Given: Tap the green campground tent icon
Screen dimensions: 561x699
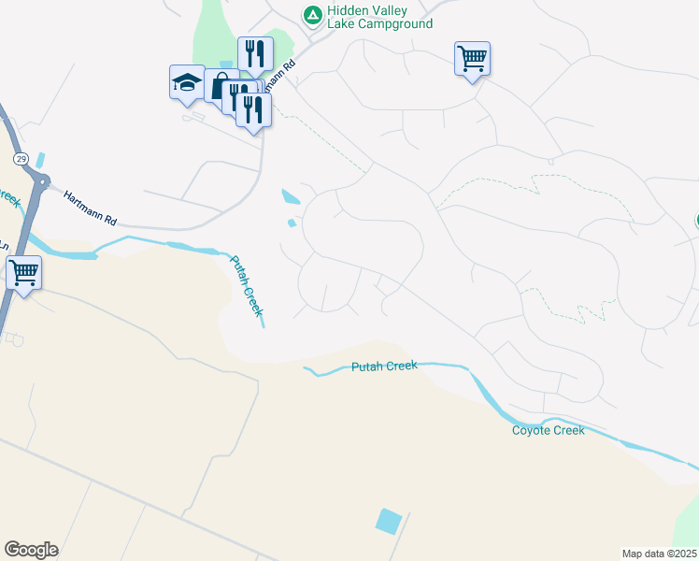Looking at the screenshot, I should coord(312,15).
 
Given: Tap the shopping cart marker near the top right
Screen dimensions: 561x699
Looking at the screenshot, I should coord(472,58).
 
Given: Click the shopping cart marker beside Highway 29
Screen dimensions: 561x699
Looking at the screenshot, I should coord(23,274).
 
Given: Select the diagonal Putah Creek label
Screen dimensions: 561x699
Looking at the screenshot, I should coord(248,286).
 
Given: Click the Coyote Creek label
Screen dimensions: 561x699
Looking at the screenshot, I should coord(548,430).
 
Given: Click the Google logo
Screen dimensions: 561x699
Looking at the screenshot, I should coord(31,550).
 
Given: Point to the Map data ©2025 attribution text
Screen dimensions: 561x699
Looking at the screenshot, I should coord(660,554).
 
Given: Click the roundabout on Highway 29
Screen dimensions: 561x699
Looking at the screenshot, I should coord(40,180).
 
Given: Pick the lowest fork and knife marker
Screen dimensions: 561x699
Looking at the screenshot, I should coord(253,108).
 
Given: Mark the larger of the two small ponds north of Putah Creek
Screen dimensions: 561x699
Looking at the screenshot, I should coord(290,197).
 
